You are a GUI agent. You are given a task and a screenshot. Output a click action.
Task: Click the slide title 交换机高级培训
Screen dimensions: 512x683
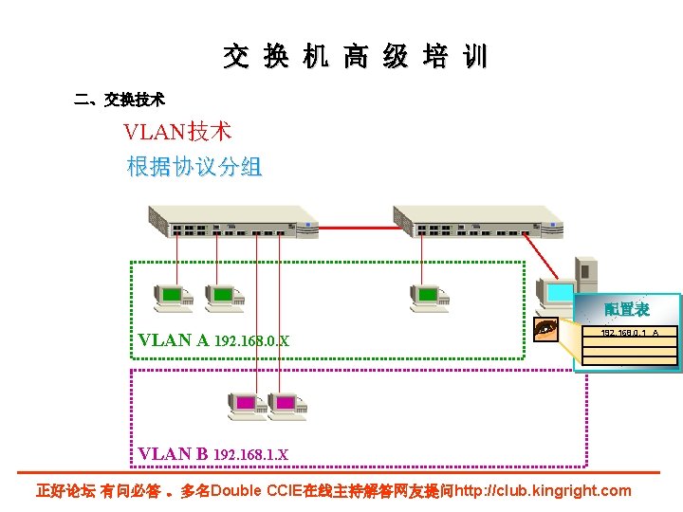coord(355,57)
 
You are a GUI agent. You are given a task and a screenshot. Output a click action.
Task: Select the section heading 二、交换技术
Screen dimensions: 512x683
coord(120,99)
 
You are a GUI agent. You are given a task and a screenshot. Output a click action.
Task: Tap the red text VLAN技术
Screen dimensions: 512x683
coord(177,132)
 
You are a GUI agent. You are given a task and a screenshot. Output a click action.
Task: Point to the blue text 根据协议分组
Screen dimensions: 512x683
coord(194,168)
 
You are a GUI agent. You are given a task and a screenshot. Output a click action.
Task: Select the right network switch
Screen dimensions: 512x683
coord(478,221)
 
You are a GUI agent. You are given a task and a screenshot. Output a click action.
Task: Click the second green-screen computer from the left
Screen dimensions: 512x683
coord(224,297)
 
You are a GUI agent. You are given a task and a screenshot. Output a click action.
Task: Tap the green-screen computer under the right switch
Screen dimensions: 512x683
coord(429,297)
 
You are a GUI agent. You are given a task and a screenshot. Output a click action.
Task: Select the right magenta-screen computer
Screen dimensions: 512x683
coord(286,405)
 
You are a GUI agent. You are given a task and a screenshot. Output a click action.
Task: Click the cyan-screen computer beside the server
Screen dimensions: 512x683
coord(554,294)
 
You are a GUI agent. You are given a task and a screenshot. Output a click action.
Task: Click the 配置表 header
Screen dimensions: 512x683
coord(627,309)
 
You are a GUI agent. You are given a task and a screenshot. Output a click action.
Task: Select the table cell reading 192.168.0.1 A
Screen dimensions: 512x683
coord(629,332)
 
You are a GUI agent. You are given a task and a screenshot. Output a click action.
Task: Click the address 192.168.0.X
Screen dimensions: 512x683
coord(252,341)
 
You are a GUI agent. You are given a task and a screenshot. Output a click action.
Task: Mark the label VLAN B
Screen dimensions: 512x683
coord(173,453)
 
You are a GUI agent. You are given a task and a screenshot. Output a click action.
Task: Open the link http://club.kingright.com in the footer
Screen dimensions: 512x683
coord(543,490)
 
